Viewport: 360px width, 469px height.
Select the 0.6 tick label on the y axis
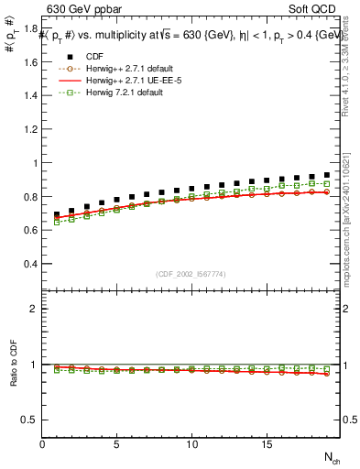(x=29, y=231)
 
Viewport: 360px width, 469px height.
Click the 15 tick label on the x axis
(x=266, y=444)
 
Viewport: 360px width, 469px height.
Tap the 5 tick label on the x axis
(x=117, y=444)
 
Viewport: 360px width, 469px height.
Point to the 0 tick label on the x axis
(x=43, y=444)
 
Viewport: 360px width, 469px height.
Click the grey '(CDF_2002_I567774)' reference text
(x=191, y=274)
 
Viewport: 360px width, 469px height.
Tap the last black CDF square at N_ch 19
(x=326, y=174)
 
